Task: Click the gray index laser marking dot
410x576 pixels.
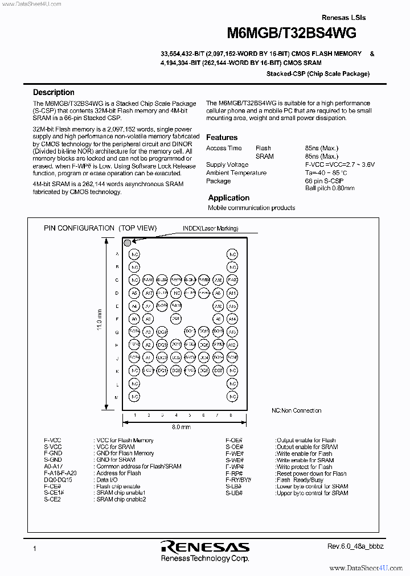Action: click(x=127, y=242)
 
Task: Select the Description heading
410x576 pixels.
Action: click(x=54, y=92)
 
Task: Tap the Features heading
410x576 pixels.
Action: click(x=222, y=137)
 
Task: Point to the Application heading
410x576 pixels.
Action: click(x=228, y=198)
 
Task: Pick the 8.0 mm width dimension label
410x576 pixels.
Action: click(x=181, y=426)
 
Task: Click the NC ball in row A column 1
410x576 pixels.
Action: click(x=134, y=254)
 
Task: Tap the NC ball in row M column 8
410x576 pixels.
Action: click(x=232, y=397)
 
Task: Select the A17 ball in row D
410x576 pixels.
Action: click(x=148, y=293)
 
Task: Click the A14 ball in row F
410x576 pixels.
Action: click(x=232, y=319)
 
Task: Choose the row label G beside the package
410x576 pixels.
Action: click(x=117, y=332)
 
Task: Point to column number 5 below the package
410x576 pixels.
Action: click(x=190, y=415)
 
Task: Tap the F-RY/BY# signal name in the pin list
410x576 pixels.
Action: click(x=239, y=480)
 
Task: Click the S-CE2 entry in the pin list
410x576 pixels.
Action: click(x=52, y=499)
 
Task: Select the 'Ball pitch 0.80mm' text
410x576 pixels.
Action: click(x=329, y=188)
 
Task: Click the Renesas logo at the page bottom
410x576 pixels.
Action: click(x=205, y=548)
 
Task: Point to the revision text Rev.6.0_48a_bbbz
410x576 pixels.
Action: click(x=355, y=546)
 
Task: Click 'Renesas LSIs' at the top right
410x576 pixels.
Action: click(x=343, y=18)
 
